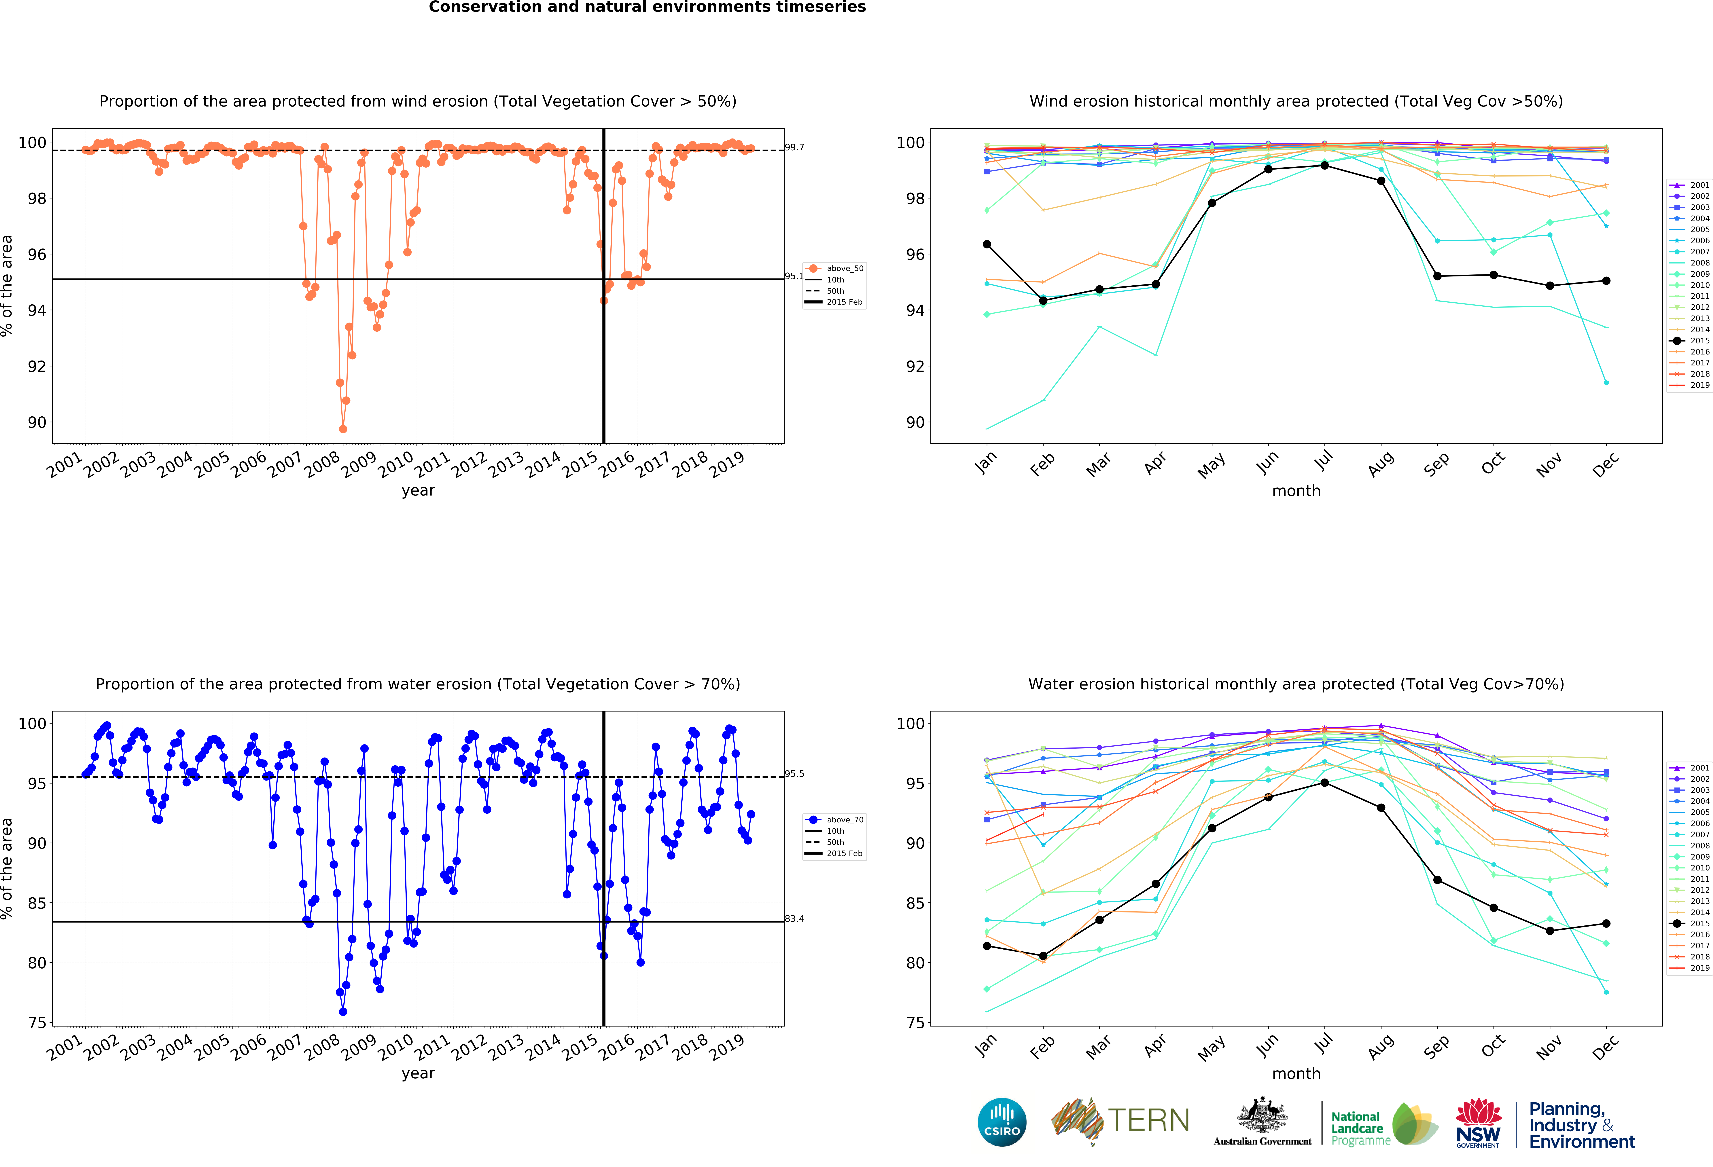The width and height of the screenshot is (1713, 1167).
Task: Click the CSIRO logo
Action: (1002, 1122)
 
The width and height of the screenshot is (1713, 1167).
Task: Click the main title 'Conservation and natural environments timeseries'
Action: (647, 7)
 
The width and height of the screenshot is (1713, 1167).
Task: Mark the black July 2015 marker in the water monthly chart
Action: (1325, 782)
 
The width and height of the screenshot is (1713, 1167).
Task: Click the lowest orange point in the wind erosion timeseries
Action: (343, 429)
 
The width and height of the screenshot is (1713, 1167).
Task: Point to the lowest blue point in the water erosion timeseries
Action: (343, 1012)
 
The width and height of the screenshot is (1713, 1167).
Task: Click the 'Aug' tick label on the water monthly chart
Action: (1381, 1046)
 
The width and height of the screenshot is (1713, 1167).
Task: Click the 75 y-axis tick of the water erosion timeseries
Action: (37, 1023)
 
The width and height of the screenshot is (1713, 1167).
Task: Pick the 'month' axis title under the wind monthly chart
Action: (1296, 491)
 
